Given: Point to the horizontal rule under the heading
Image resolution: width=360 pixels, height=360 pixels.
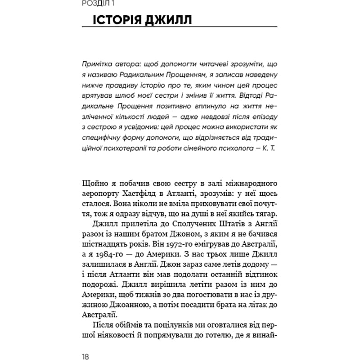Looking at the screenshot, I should [x=180, y=32].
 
